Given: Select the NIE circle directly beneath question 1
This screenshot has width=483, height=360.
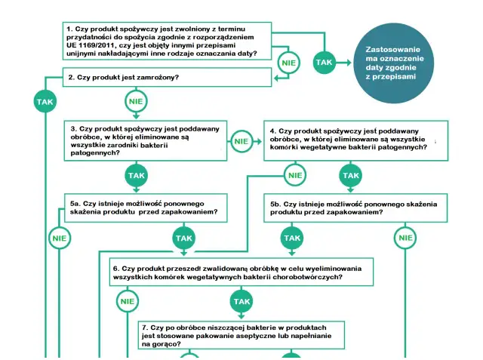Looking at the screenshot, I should pos(288,63).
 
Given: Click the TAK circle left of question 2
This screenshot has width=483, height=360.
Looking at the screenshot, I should pos(45,102).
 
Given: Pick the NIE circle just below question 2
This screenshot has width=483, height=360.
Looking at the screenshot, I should pos(136,101).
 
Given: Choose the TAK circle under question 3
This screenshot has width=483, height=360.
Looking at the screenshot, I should pos(136,175).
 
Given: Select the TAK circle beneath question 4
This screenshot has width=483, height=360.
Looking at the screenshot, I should pos(351,175).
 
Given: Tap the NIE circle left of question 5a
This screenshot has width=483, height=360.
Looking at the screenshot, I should pos(60,238).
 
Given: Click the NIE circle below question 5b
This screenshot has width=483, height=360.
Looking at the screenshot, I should pos(406,238).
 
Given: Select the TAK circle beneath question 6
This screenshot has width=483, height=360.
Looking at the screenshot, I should pos(241,301).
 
